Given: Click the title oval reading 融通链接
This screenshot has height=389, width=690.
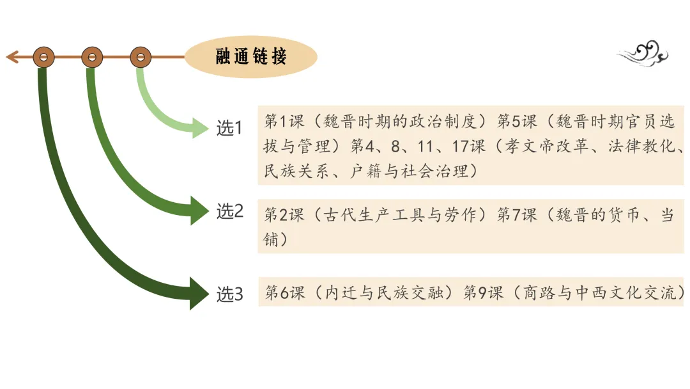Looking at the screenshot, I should (250, 56).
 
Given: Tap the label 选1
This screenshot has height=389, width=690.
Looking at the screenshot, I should (229, 129).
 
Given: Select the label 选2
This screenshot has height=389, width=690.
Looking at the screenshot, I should (229, 211).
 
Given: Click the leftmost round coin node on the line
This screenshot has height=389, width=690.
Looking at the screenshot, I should (43, 58).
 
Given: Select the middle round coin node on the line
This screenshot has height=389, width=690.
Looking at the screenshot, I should (92, 58).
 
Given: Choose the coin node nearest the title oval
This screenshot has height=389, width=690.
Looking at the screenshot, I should (141, 58).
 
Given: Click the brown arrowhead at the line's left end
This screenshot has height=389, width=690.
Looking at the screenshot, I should (11, 58).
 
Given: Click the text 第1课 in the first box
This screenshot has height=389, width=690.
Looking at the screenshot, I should (284, 122).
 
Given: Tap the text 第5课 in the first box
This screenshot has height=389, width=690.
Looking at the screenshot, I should (516, 122).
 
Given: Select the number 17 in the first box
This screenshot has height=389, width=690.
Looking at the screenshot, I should (461, 147).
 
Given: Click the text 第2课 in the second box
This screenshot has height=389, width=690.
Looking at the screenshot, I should (284, 215).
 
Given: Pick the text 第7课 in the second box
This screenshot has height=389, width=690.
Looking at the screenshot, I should (516, 215).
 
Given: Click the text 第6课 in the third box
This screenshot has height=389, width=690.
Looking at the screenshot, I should (284, 293).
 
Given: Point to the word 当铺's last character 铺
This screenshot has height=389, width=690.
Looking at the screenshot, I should (271, 240).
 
